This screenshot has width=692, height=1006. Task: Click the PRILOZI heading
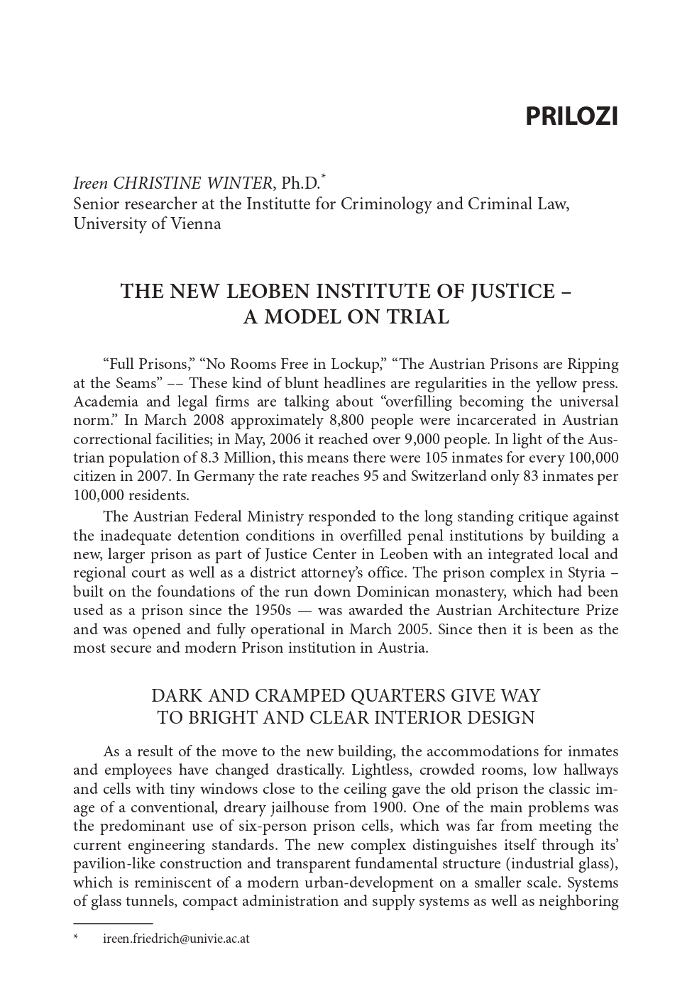571,116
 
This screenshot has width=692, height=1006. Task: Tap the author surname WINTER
238,184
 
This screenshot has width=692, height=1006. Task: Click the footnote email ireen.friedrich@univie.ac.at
176,939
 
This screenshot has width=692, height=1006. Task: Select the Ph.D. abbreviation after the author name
300,184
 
